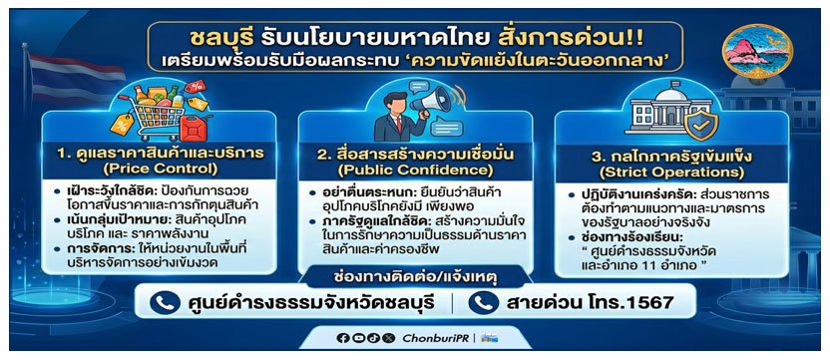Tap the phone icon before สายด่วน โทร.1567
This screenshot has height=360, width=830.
(485, 302)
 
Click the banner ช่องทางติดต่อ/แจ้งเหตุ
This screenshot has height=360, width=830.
(415, 271)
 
